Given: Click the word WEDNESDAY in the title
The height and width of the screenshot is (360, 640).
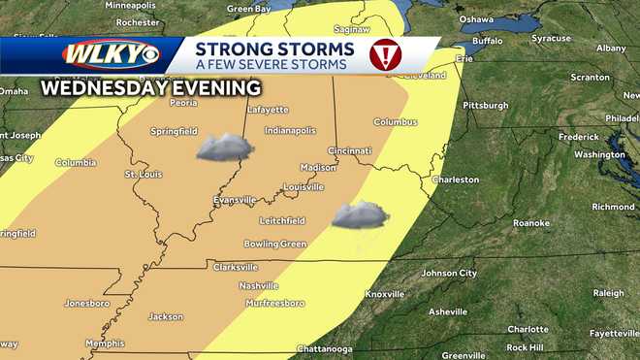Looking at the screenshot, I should pos(94,87).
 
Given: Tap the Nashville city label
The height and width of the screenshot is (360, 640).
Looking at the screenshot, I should pos(259,285).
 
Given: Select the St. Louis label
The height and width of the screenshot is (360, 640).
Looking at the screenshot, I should pos(144,174).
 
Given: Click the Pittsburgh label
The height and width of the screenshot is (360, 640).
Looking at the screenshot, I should pos(485,106).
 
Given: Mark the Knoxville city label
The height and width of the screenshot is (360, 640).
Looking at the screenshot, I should pos(385,294).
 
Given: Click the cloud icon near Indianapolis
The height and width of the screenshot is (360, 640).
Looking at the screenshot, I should pos(225,147).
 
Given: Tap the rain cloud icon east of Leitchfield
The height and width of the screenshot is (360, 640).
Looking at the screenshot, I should pos(360,215).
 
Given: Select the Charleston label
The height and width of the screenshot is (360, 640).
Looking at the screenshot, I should pos(455,180).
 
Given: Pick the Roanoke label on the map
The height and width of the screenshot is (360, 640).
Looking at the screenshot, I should pos(530,223).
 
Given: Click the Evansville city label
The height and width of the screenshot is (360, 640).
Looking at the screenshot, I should pos(235,200).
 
